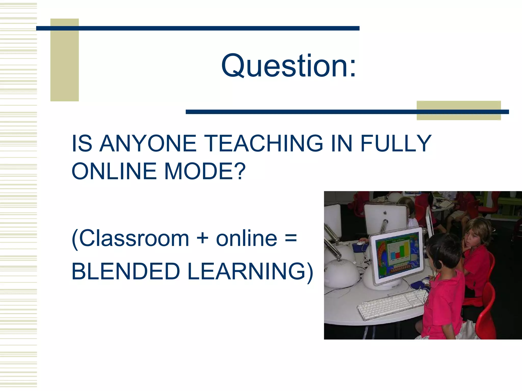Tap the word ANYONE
[148, 144]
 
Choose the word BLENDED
[126, 272]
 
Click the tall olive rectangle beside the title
[64, 60]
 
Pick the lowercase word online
[246, 239]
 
